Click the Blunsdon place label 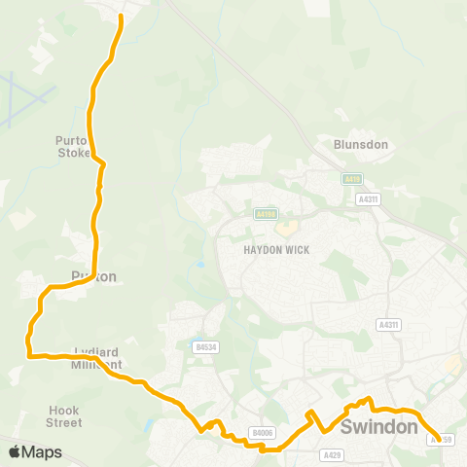click(361, 144)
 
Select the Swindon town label click(379, 426)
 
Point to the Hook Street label click(64, 416)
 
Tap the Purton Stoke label click(72, 146)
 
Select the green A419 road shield click(351, 179)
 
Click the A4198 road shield click(266, 213)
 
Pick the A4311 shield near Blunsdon click(368, 198)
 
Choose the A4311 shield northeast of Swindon click(387, 324)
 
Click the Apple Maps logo click(35, 451)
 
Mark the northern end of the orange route click(121, 17)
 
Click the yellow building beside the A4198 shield click(285, 229)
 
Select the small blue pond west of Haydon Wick click(199, 264)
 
